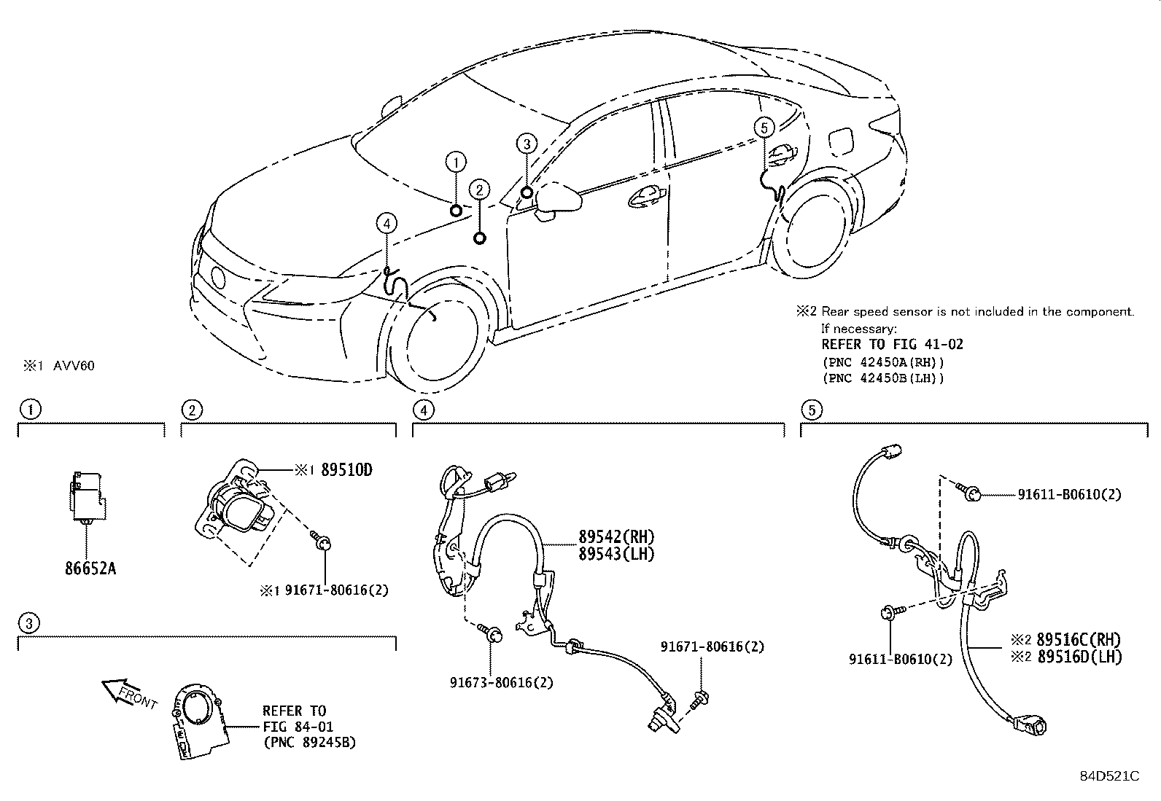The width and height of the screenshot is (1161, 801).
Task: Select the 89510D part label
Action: (x=346, y=471)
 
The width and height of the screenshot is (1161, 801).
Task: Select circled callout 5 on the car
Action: (x=764, y=128)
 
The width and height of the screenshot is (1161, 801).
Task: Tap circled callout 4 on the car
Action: (x=387, y=223)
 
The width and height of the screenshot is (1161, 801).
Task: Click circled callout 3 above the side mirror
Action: (x=527, y=144)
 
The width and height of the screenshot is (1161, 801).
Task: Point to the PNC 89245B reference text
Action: (x=309, y=744)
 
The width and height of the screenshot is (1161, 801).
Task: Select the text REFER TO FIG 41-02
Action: (x=892, y=345)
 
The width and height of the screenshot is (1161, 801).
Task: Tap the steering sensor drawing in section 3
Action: (x=195, y=722)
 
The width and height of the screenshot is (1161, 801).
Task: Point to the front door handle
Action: (x=645, y=195)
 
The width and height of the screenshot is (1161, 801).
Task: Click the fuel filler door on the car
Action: (x=840, y=140)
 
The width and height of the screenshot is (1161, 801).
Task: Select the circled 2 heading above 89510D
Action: (x=191, y=410)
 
